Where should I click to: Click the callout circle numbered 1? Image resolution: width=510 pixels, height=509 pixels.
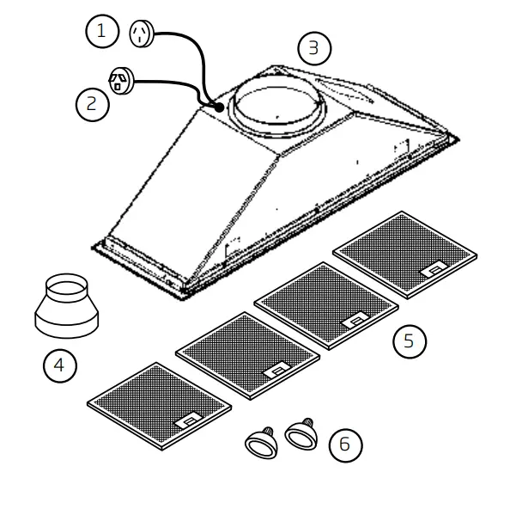[x=102, y=33]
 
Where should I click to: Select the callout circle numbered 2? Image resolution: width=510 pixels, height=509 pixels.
[x=92, y=104]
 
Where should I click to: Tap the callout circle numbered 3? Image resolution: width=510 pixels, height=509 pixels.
[x=313, y=48]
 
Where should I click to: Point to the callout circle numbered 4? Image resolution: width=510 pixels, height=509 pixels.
[x=59, y=365]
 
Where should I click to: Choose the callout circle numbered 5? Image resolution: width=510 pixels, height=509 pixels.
[x=409, y=340]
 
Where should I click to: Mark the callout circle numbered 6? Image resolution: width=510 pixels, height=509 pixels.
[x=344, y=445]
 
